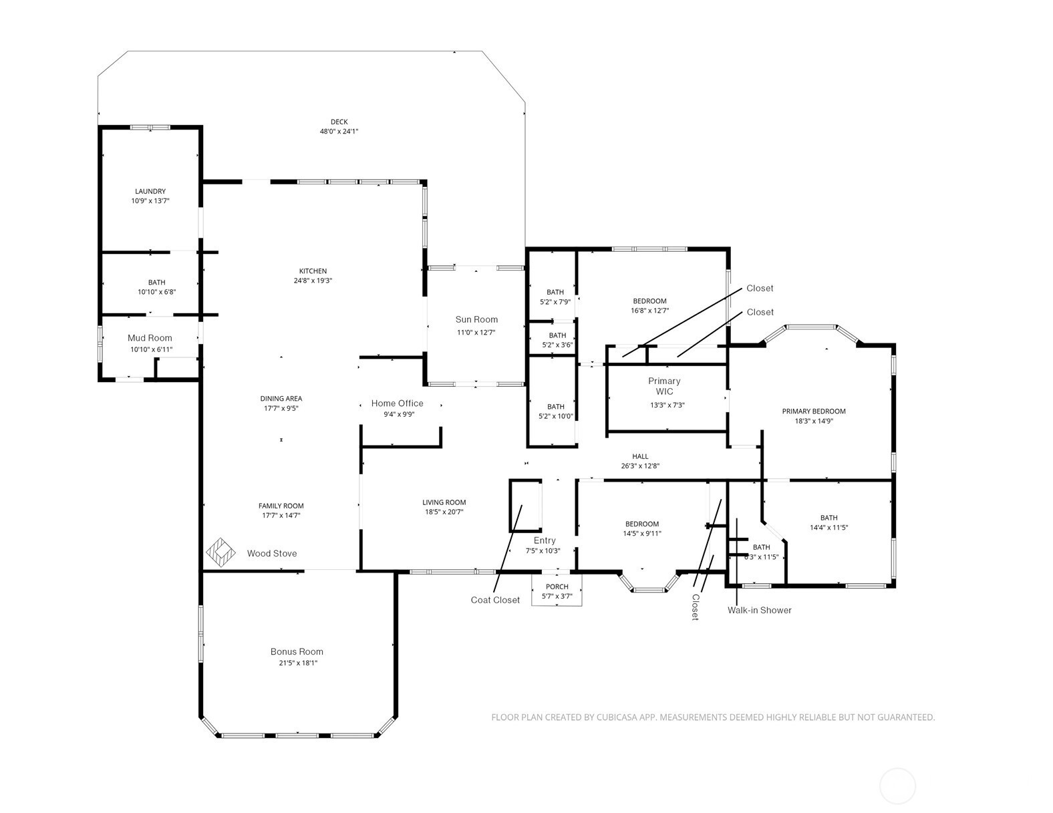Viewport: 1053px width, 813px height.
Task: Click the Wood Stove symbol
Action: (220, 552)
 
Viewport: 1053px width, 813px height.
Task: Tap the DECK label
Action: (339, 122)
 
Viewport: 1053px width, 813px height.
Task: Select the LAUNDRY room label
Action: (150, 191)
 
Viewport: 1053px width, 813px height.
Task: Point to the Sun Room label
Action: (476, 319)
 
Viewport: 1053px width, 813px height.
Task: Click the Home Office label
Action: (398, 403)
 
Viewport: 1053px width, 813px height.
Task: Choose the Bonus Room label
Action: (297, 651)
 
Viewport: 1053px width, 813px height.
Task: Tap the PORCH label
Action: (557, 587)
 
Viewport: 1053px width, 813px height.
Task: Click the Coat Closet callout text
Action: (495, 600)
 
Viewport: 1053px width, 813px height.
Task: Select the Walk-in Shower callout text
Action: (759, 610)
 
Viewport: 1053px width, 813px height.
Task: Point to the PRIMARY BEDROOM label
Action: (814, 412)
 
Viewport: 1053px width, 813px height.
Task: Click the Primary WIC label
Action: (664, 386)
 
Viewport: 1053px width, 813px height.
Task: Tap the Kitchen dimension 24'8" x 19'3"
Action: (313, 281)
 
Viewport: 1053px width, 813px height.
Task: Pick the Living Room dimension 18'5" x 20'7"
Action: (444, 512)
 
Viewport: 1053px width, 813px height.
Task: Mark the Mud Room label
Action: (150, 338)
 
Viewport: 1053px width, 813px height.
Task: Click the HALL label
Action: (640, 456)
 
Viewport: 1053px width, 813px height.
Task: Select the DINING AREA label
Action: (281, 399)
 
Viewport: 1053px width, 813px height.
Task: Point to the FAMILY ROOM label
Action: (281, 506)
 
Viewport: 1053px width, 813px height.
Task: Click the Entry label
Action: (545, 540)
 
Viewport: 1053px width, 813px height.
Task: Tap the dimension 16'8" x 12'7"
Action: (650, 311)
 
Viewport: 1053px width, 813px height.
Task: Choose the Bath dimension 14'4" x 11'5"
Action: (829, 527)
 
